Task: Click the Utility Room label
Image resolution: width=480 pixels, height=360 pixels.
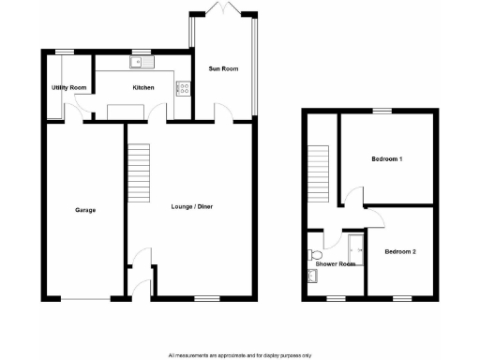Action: [68, 87]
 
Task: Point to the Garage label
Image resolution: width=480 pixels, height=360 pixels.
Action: [85, 209]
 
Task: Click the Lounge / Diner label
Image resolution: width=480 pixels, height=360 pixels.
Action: [192, 206]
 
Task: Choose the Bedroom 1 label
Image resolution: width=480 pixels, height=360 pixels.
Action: [386, 159]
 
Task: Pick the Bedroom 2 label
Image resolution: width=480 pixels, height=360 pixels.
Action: [401, 251]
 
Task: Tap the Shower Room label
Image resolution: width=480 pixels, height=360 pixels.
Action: [335, 264]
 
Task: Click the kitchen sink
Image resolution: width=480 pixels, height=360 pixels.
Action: [142, 63]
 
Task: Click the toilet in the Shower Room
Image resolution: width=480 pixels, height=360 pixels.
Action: [313, 254]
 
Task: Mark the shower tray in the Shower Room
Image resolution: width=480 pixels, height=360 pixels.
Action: [355, 247]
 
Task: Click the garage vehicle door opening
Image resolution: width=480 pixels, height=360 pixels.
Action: [85, 298]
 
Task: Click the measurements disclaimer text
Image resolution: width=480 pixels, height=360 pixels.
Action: [239, 354]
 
